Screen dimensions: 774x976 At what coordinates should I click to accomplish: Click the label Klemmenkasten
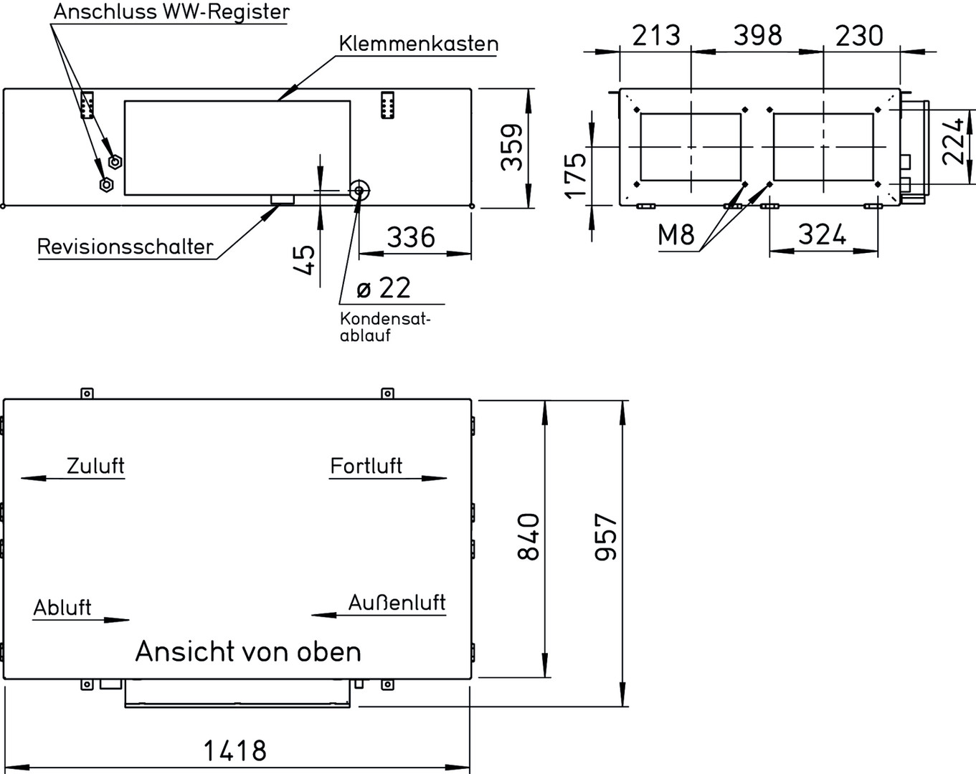419,44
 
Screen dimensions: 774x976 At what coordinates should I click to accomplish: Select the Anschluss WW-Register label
171,12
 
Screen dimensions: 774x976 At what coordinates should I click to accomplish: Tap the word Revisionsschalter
125,247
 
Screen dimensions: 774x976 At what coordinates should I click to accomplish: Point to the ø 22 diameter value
384,288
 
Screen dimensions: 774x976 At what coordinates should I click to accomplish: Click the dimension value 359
512,148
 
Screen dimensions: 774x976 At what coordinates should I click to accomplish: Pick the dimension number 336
411,237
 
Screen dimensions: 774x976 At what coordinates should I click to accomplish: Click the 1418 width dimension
235,751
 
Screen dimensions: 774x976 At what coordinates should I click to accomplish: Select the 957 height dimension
607,536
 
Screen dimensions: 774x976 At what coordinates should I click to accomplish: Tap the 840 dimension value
529,536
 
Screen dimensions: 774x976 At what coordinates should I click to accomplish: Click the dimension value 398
758,34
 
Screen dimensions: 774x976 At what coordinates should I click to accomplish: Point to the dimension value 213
655,34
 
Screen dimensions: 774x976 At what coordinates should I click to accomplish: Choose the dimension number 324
822,234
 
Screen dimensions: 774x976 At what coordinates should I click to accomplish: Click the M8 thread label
677,234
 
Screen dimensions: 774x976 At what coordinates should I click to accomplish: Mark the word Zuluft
95,466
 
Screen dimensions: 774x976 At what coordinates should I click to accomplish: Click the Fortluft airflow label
366,466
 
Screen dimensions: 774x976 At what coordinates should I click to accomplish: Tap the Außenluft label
397,603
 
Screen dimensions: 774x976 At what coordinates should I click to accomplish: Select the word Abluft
62,608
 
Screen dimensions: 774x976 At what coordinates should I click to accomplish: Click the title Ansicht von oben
248,652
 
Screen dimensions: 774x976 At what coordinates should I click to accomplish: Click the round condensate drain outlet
359,191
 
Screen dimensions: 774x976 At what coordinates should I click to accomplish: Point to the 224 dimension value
953,141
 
